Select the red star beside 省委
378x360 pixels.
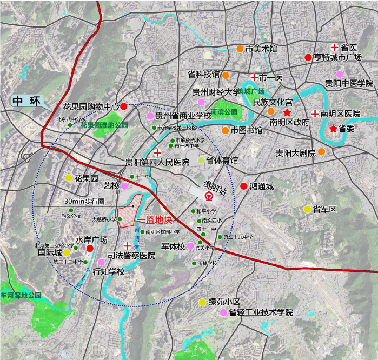[x=333, y=129]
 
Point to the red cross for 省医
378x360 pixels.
[x=335, y=48]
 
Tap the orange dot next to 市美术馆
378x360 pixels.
[x=240, y=49]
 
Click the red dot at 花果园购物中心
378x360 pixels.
[x=124, y=106]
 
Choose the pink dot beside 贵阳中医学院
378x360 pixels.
[x=339, y=74]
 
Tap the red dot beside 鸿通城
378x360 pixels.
[x=243, y=186]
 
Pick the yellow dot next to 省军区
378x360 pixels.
[x=307, y=209]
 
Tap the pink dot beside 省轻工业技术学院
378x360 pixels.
[x=223, y=312]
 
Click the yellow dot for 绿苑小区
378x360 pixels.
[x=202, y=302]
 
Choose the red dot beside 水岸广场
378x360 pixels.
[x=90, y=249]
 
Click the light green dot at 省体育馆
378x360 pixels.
[x=201, y=160]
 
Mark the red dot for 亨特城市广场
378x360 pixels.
[x=308, y=57]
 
